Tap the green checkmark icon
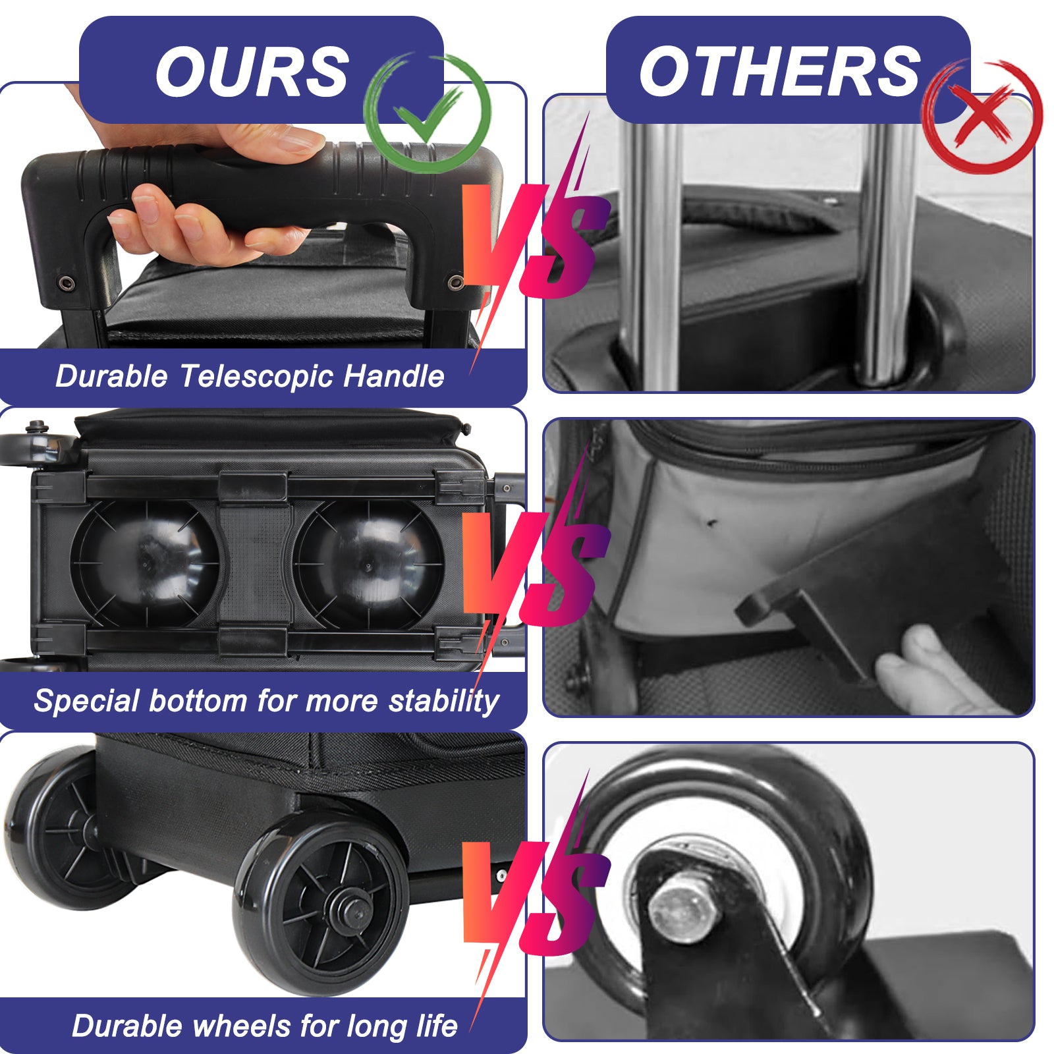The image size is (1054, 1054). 427,112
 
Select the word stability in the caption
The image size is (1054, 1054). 444,701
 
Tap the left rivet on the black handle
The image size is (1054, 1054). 66,283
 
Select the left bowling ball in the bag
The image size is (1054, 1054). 145,564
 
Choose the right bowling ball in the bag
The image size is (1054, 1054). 369,564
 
